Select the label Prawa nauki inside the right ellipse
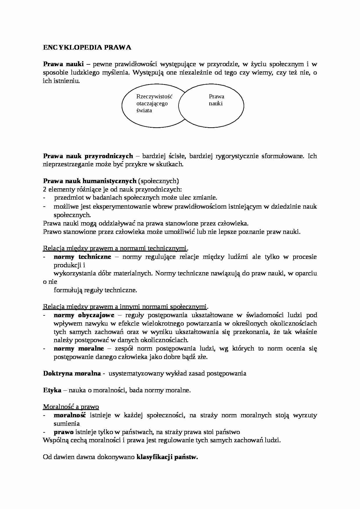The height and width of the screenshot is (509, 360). pos(216,100)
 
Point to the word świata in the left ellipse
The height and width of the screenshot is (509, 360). pos(144,111)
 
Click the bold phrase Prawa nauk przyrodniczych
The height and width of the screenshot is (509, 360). pos(88,156)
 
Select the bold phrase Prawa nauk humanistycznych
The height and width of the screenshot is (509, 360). pos(89,181)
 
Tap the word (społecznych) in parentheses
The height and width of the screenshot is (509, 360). pos(159,181)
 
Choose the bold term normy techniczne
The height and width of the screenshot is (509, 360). pos(82,257)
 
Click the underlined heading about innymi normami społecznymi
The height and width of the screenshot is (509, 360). pos(125,307)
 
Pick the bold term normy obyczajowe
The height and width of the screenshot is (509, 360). pos(84,315)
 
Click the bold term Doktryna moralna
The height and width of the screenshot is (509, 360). pos(72,373)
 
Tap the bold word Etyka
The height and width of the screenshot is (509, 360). pos(52,390)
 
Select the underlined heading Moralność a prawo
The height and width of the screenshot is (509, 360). pos(71,407)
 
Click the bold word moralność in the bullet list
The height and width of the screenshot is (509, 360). pos(70,415)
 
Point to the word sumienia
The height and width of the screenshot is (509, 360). pos(66,424)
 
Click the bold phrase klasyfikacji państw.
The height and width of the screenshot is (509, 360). pos(167,457)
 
